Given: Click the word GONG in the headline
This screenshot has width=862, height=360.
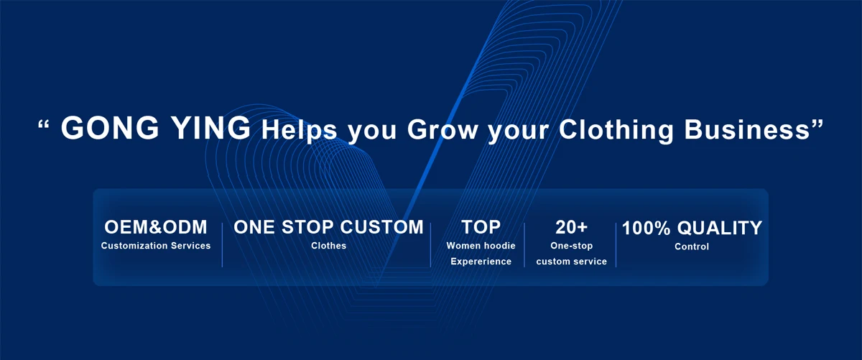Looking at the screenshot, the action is pos(110,128).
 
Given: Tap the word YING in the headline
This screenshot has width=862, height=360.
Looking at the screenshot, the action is pos(211,128).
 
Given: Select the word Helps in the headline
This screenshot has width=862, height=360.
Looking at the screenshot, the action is pos(300,131).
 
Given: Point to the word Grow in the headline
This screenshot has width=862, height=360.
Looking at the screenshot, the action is pos(442,129).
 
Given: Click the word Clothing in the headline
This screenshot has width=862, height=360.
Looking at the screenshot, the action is pos(616,131).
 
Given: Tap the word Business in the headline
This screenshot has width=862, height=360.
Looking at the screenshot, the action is pos(747,129).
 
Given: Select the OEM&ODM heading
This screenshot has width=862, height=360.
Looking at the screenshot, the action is pos(155,227).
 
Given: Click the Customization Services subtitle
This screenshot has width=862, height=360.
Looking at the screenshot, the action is pos(156,246).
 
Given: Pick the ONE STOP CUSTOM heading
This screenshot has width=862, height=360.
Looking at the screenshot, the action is pos(328,227).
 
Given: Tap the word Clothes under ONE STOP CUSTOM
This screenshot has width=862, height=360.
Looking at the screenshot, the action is pos(329,246).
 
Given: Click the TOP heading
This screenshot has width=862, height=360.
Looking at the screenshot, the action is pos(481,227).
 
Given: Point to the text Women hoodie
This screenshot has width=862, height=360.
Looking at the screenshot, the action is pos(481,246).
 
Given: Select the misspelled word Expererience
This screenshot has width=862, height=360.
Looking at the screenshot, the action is pos(481,262).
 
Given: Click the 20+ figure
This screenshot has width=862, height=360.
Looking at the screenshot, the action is pos(572,227).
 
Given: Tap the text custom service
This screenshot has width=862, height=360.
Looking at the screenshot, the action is pos(572,262).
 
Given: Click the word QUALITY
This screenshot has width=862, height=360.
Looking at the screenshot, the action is pos(720,228).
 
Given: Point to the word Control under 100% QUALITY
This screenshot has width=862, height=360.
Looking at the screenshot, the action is pos(692,246).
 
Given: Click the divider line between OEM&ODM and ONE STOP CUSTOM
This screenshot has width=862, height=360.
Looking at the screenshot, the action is pos(222,245).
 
